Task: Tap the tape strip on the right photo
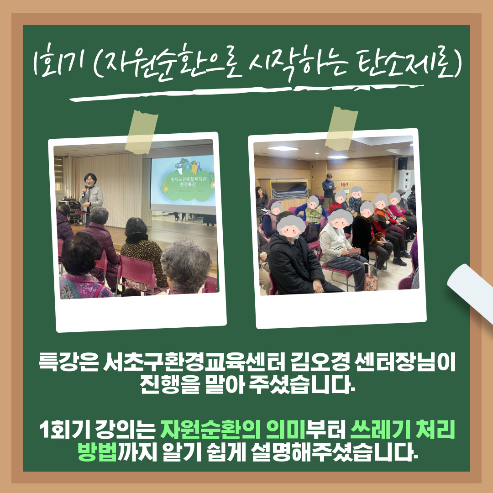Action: click(x=341, y=129)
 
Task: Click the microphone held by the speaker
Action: click(x=84, y=190)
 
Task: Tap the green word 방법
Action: click(x=98, y=452)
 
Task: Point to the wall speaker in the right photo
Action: click(x=403, y=163)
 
